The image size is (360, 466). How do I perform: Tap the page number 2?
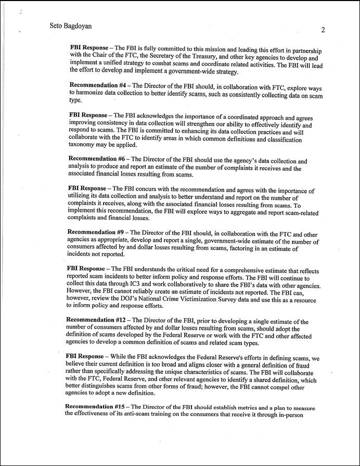point(323,30)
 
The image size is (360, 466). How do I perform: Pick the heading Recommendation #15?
point(98,407)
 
